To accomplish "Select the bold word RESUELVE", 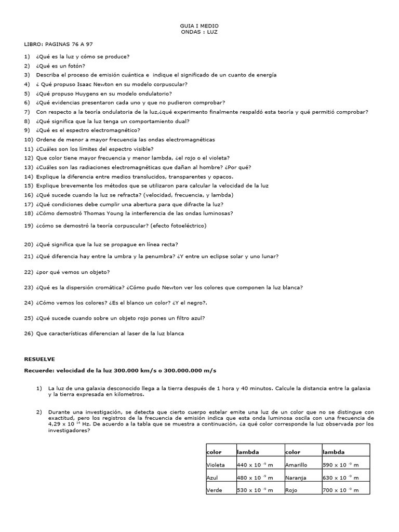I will pyautogui.click(x=39, y=359).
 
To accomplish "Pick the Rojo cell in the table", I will pyautogui.click(x=291, y=490).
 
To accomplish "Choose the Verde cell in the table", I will pyautogui.click(x=215, y=490).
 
